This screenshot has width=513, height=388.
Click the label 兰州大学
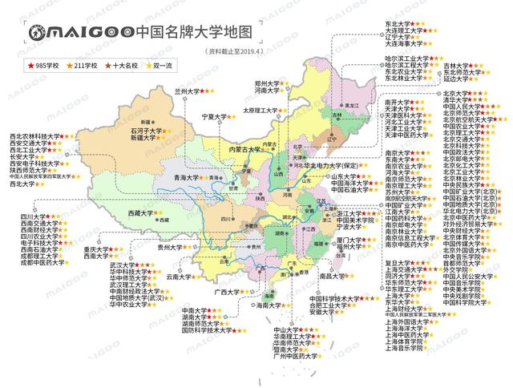click(x=188, y=92)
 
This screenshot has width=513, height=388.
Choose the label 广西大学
click(x=228, y=292)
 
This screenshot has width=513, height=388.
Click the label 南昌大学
click(x=333, y=276)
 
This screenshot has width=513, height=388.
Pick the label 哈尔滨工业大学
click(x=405, y=59)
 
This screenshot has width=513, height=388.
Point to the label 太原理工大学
click(x=259, y=111)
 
